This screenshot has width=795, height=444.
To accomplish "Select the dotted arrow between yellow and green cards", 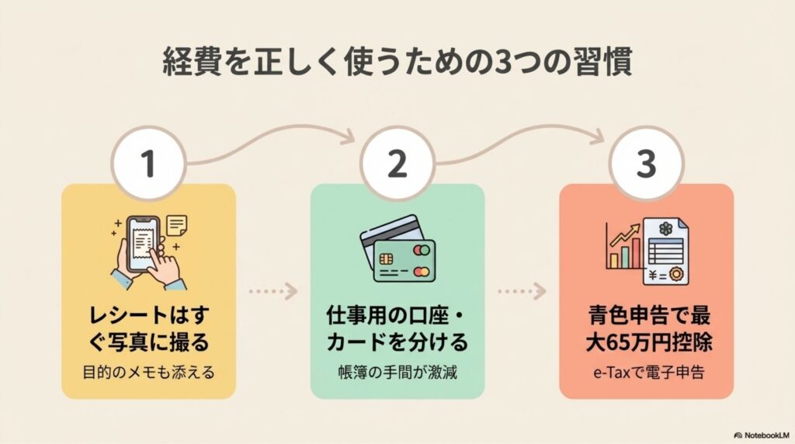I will point(273,293).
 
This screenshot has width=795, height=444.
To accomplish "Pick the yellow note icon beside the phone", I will point(177,225).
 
